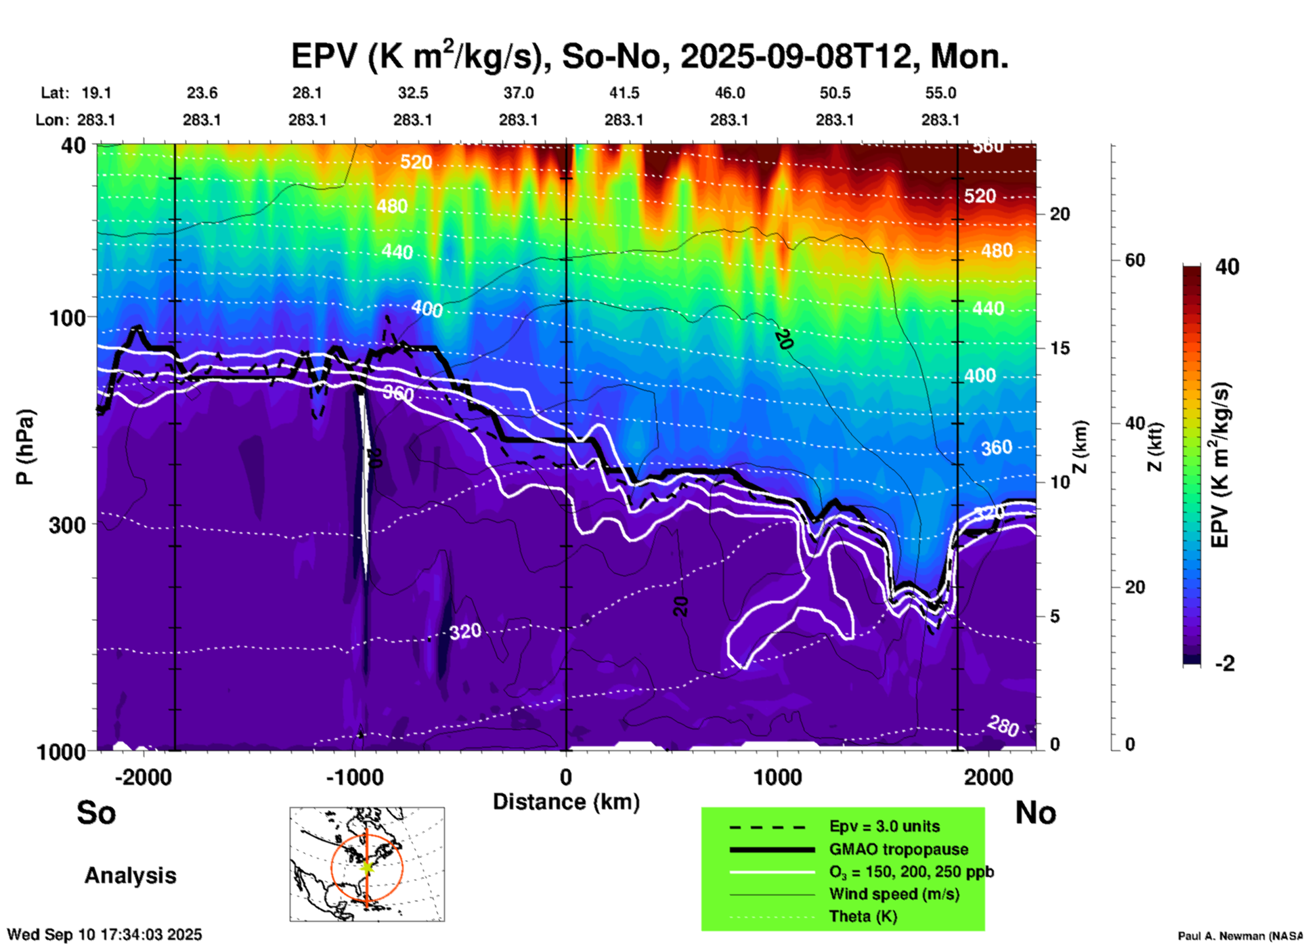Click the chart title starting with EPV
coord(649,57)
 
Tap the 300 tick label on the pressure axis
coord(68,525)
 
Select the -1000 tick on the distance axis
coord(355,777)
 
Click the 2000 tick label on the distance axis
coord(988,777)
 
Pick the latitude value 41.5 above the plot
coord(624,93)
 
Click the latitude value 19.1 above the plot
coord(96,93)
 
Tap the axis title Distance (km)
coord(566,802)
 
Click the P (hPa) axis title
coord(25,447)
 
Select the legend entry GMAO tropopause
coord(898,849)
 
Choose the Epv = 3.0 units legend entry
coord(884,827)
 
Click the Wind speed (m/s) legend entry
coord(894,894)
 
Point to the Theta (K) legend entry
coord(863,916)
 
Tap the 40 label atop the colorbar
coord(1227,267)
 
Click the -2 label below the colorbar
coord(1225,664)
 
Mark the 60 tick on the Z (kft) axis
coord(1135,260)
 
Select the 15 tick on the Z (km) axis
coord(1059,348)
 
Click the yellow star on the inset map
coord(367,866)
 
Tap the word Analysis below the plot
coord(130,876)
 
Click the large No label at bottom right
coord(1035,813)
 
